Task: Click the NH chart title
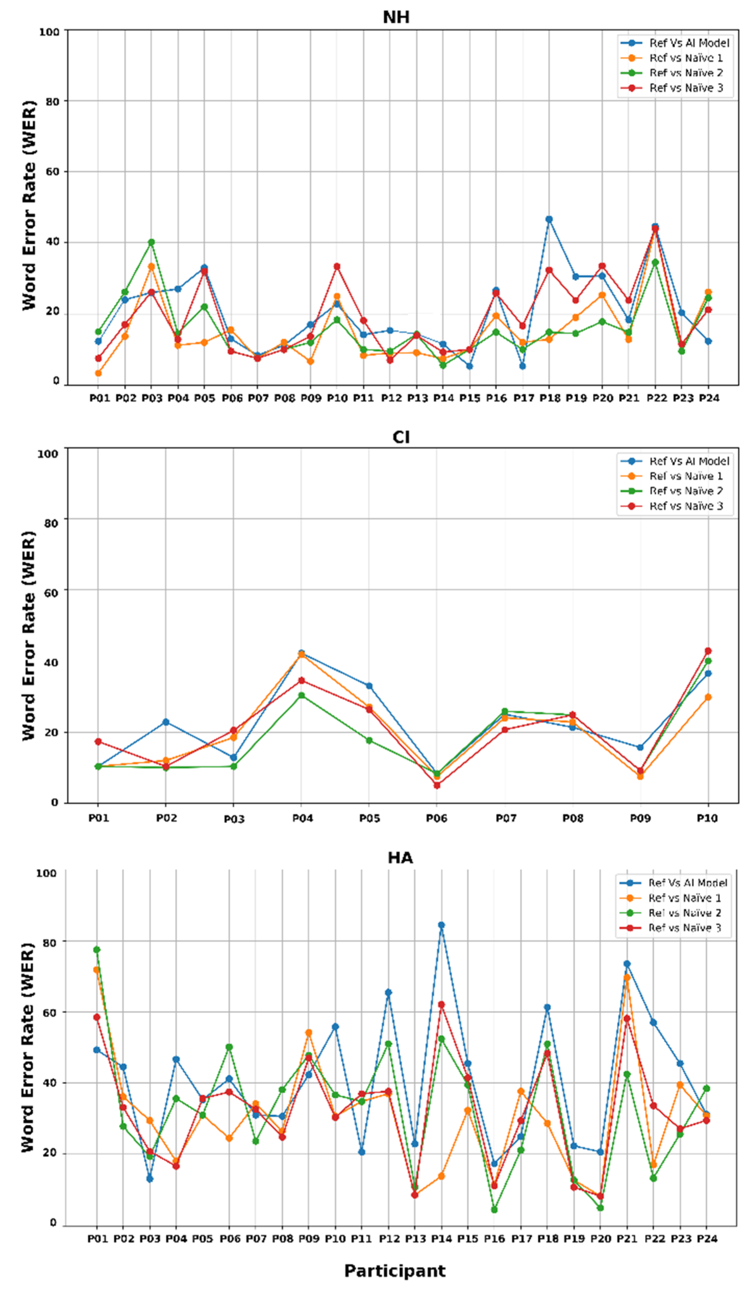pyautogui.click(x=396, y=18)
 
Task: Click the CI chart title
pyautogui.click(x=400, y=437)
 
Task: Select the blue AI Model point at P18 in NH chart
pyautogui.click(x=549, y=219)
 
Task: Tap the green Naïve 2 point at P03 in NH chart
pyautogui.click(x=151, y=242)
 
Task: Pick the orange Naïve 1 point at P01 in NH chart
pyautogui.click(x=98, y=373)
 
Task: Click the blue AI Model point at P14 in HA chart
pyautogui.click(x=441, y=925)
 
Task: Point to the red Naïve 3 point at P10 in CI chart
pyautogui.click(x=708, y=651)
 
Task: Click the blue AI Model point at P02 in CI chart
pyautogui.click(x=165, y=722)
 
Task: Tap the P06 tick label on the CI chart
pyautogui.click(x=437, y=818)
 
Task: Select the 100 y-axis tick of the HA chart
pyautogui.click(x=46, y=873)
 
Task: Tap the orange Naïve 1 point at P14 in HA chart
pyautogui.click(x=441, y=1176)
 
